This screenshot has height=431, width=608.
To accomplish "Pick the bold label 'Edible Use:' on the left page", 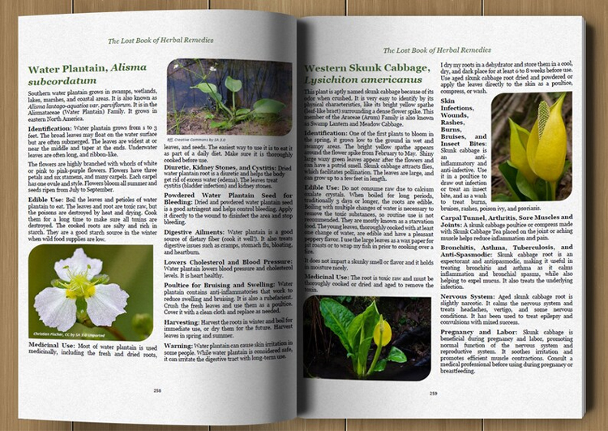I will pyautogui.click(x=48, y=198).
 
